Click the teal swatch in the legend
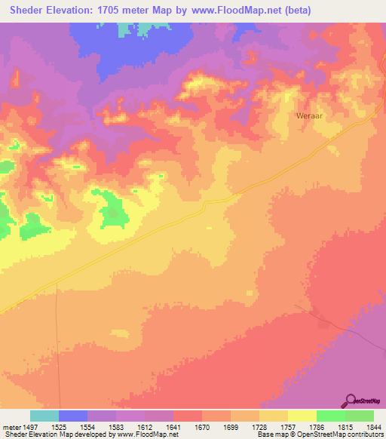(44, 416)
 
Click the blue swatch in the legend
(73, 416)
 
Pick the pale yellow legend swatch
(302, 416)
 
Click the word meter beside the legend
(11, 427)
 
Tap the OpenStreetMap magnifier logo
(350, 401)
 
